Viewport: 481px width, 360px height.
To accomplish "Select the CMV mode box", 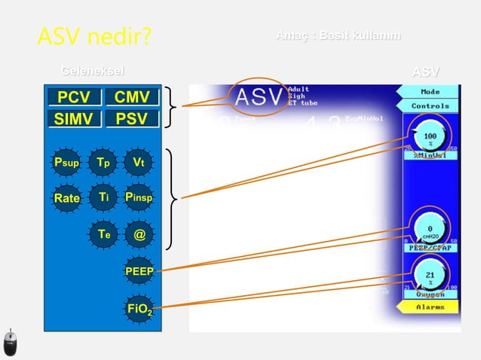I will click(x=132, y=98).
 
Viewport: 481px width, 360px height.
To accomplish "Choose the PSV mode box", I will click(x=132, y=119).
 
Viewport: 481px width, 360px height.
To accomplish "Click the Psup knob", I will click(x=66, y=162).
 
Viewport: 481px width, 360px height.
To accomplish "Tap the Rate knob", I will click(x=66, y=198).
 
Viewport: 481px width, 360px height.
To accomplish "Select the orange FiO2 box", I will click(x=139, y=307).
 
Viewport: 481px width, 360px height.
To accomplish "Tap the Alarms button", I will click(x=430, y=308).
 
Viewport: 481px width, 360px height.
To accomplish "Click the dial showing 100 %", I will click(x=430, y=138).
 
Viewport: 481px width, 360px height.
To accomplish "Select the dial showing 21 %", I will click(x=430, y=276).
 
